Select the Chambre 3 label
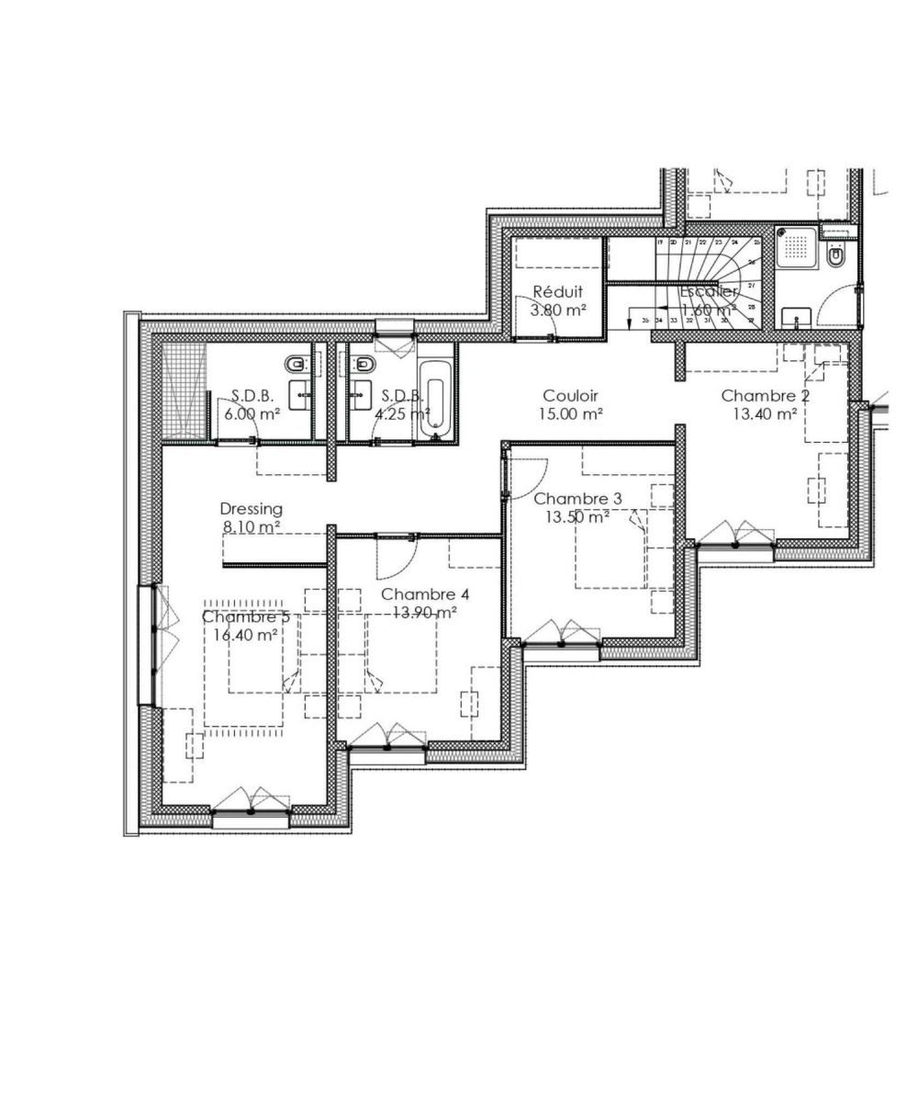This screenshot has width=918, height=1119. coord(577,499)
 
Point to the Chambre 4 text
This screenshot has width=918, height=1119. coord(425,594)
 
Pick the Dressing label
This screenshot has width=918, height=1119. coord(251,509)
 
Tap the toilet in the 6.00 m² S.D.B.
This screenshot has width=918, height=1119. coord(296,366)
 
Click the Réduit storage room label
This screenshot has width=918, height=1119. coord(557,292)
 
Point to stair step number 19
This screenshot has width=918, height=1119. coord(660,243)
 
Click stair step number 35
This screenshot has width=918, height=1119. coord(645,320)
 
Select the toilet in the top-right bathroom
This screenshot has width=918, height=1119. coord(837,260)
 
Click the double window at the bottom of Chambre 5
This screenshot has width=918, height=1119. coord(251,804)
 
